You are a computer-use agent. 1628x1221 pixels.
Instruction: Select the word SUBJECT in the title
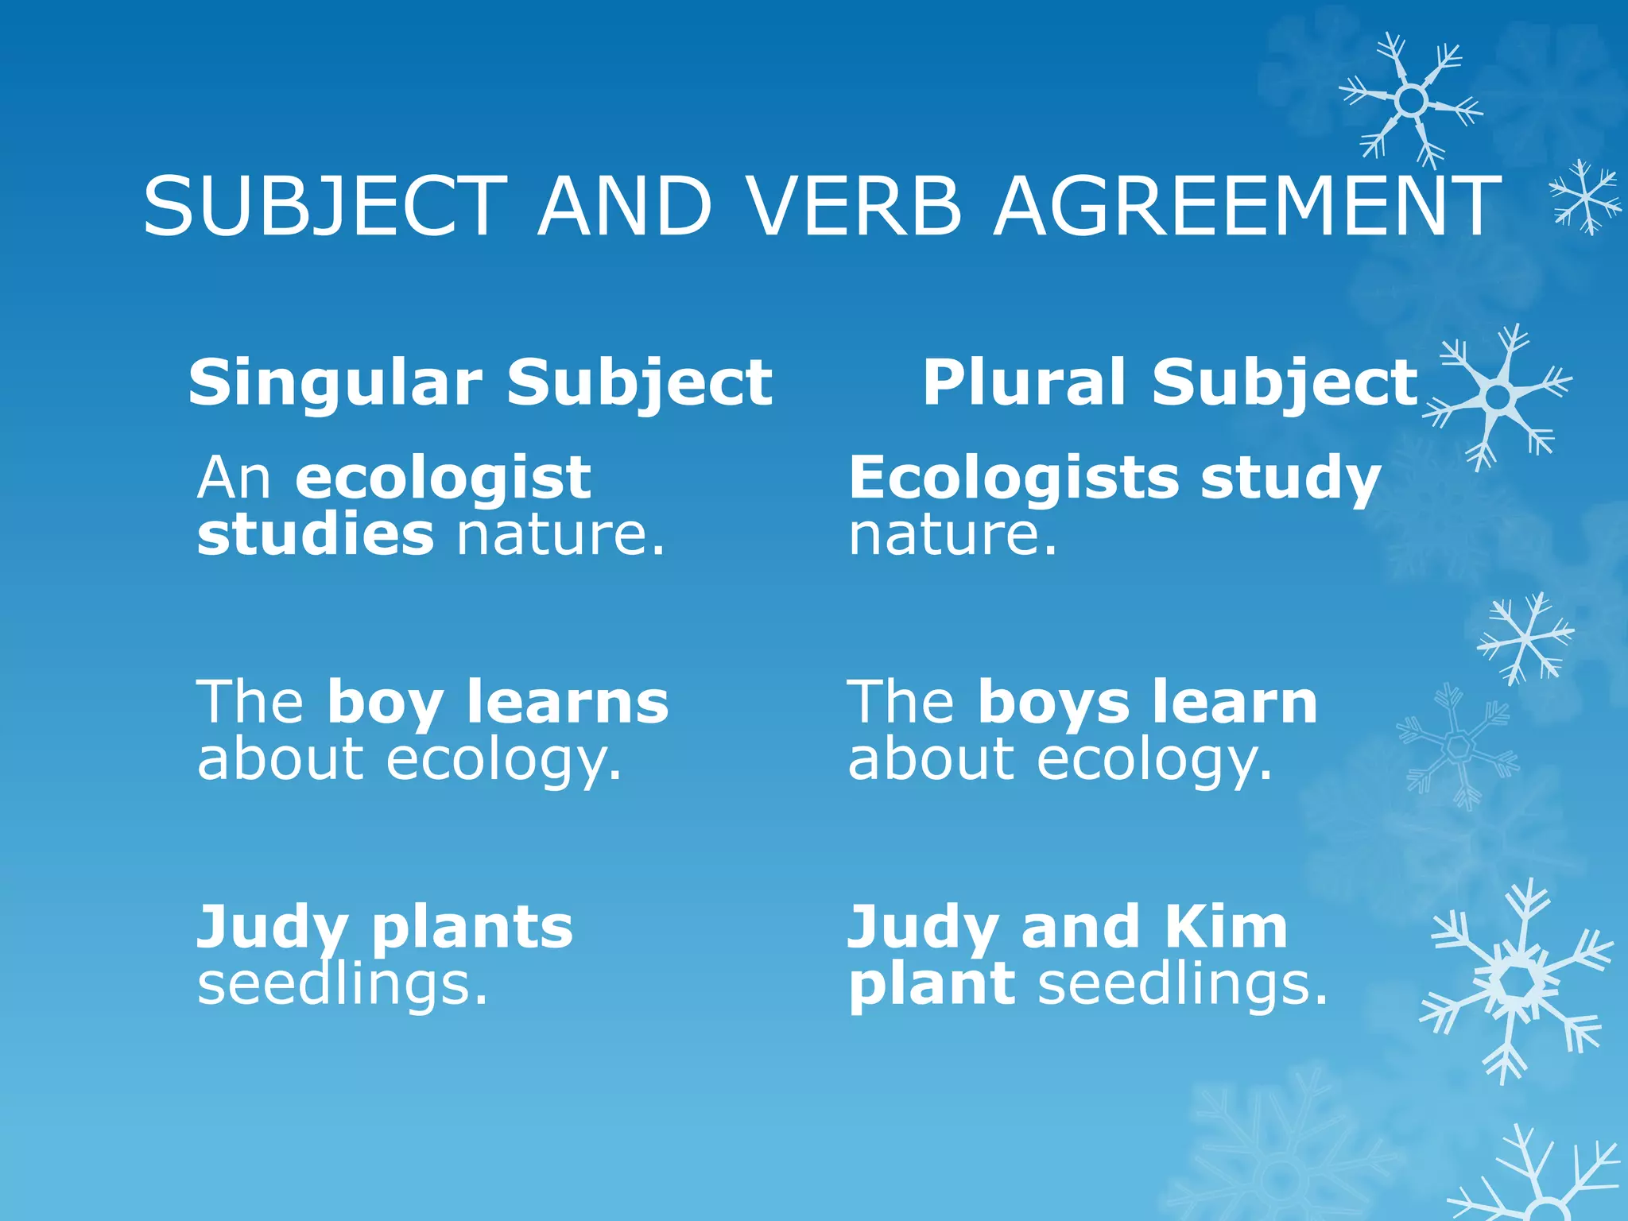pos(324,207)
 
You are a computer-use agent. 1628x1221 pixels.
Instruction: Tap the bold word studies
pos(316,534)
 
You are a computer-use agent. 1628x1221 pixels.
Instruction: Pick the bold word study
pos(1290,480)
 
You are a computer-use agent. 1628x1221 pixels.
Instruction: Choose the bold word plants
pos(472,928)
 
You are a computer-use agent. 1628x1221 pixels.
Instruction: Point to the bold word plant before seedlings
pos(932,986)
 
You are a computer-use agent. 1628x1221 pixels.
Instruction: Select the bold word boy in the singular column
pos(385,704)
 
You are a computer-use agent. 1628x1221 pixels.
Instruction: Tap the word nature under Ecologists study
pos(952,534)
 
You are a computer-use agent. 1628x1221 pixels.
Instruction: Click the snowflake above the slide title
pos(1411,100)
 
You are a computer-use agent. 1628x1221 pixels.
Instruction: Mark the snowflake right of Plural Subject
pos(1498,395)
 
